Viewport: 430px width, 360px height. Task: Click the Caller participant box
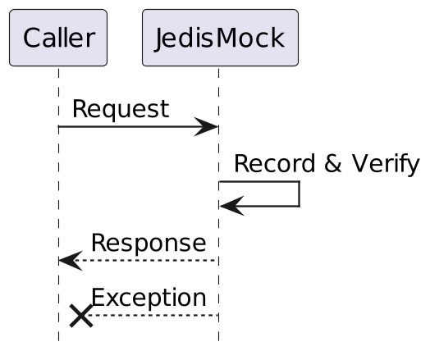(58, 38)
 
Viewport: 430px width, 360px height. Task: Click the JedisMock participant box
(219, 38)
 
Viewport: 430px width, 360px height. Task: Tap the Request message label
(121, 109)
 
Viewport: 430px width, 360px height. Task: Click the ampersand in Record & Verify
(333, 164)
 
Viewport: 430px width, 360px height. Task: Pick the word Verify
(386, 164)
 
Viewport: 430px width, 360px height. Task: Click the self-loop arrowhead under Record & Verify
(231, 206)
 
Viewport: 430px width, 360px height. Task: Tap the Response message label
(149, 243)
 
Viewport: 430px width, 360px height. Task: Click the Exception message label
(149, 298)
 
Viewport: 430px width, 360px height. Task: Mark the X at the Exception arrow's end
(80, 315)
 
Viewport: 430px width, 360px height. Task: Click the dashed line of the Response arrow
(148, 261)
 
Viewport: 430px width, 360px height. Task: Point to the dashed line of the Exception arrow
(156, 315)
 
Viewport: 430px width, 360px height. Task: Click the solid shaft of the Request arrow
(131, 127)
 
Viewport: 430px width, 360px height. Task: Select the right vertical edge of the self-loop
(299, 194)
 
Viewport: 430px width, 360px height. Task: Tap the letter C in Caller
(32, 38)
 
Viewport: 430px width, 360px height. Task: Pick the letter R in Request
(80, 109)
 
